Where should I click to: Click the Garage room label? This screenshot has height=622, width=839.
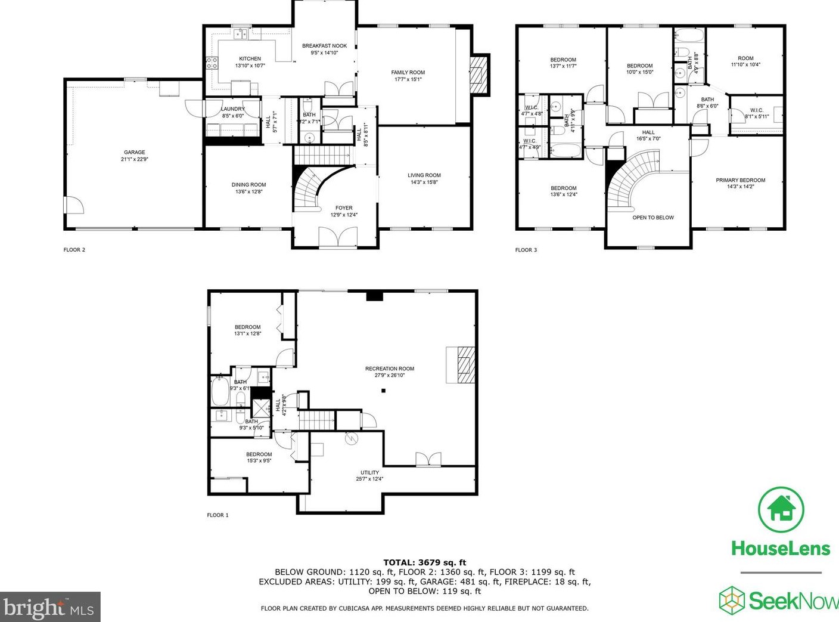134,153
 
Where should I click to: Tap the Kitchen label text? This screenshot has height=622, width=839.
250,58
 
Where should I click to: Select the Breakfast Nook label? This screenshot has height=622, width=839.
324,46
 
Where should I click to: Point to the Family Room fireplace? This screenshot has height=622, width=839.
478,75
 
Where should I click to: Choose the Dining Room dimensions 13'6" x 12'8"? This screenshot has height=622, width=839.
248,192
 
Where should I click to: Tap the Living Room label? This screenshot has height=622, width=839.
424,175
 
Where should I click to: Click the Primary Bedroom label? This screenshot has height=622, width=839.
740,180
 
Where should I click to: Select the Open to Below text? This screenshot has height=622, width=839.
653,218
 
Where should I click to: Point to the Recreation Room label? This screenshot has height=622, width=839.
389,369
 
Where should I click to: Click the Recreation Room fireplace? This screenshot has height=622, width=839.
461,364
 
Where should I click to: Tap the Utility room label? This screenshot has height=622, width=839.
369,472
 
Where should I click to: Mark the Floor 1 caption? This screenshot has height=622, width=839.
217,515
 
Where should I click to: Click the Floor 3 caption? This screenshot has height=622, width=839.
526,250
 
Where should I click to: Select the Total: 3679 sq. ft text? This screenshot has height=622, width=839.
424,562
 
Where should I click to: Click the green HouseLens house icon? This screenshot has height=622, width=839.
781,510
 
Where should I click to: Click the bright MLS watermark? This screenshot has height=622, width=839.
50,608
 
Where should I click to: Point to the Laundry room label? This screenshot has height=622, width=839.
232,109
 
